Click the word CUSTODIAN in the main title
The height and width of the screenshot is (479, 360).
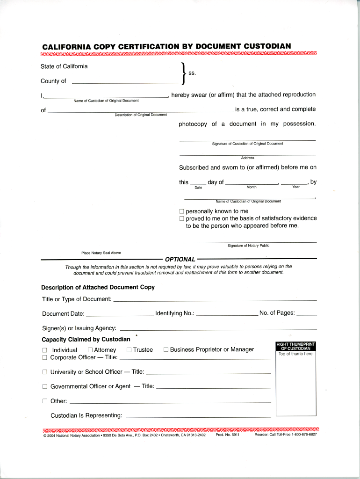[x=265, y=46]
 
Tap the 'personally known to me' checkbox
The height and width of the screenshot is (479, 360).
[x=182, y=211]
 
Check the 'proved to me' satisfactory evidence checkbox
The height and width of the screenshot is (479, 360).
[x=182, y=218]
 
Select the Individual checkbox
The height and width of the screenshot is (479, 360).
[x=45, y=350]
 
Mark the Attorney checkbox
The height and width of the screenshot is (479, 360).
[x=90, y=350]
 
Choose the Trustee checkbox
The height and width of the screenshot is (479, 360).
[x=129, y=349]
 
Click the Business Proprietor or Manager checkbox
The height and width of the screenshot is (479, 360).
[x=166, y=349]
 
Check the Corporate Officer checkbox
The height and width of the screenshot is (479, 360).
[x=45, y=357]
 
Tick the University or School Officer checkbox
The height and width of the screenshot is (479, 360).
[x=45, y=372]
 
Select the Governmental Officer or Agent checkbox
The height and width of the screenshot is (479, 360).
[x=45, y=387]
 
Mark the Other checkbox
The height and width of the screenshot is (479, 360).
[x=45, y=401]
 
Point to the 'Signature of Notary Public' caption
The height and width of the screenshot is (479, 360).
[x=248, y=246]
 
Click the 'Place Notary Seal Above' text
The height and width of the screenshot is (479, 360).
[x=101, y=253]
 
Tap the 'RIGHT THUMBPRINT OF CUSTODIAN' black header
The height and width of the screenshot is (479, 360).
[x=296, y=346]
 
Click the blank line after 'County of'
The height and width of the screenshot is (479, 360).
[x=119, y=82]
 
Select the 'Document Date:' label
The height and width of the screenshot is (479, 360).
[x=63, y=313]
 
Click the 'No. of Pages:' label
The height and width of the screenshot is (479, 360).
[x=277, y=313]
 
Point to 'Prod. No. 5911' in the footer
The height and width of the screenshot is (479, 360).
[x=228, y=435]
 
